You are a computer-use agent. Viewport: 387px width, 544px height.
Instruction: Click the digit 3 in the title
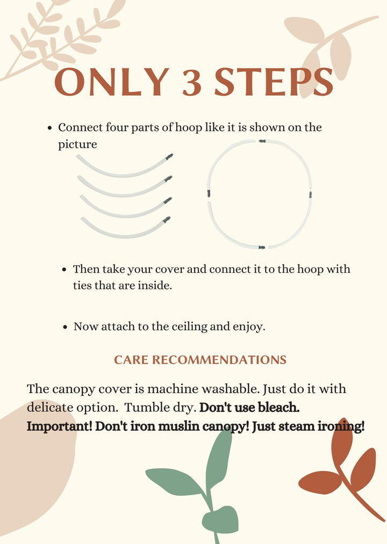pos(192,82)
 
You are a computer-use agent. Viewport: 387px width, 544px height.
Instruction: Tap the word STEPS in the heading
pos(274,82)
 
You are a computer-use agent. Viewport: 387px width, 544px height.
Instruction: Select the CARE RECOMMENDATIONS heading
pos(200,360)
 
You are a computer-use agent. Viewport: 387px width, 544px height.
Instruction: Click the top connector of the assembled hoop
pos(262,141)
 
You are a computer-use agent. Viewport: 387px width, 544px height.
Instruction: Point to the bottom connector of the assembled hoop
pos(262,248)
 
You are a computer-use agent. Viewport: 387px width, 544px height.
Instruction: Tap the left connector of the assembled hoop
pos(209,193)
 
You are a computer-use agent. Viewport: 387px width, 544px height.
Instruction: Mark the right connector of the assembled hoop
pos(310,194)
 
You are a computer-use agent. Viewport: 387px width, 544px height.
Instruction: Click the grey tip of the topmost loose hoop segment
pos(169,157)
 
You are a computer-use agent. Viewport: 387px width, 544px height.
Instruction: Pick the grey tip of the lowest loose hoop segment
pos(167,220)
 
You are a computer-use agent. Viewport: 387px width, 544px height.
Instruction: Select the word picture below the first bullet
pos(77,144)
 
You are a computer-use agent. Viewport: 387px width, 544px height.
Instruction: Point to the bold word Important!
pos(60,426)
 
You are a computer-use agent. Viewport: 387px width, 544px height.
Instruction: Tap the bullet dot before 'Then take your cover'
pos(64,270)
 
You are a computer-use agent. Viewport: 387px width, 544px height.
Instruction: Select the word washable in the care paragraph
pos(231,389)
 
